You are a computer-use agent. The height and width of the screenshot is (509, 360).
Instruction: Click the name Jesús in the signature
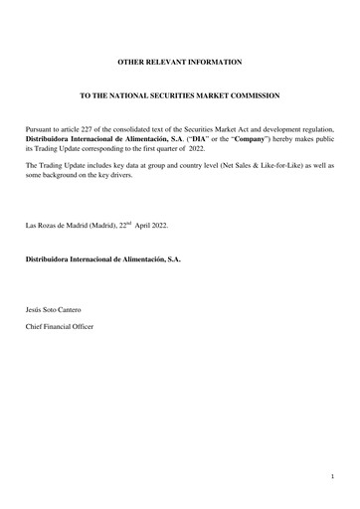tap(36, 311)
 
